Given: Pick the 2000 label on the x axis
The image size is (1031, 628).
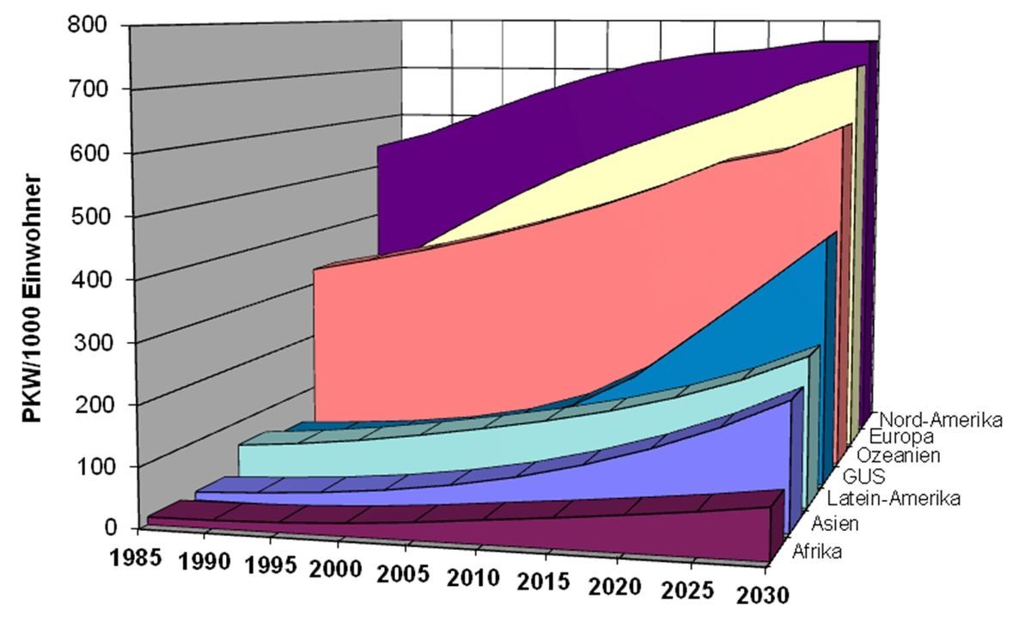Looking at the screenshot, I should click(x=339, y=568).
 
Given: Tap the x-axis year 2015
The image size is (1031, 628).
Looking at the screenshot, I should click(x=545, y=581).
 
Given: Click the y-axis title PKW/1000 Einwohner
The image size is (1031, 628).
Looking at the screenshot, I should click(x=32, y=299).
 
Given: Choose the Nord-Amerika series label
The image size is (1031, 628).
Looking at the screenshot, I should click(x=942, y=421).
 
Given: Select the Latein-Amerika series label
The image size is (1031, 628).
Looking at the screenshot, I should click(x=893, y=498).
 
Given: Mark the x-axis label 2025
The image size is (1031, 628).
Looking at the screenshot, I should click(x=687, y=590).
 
